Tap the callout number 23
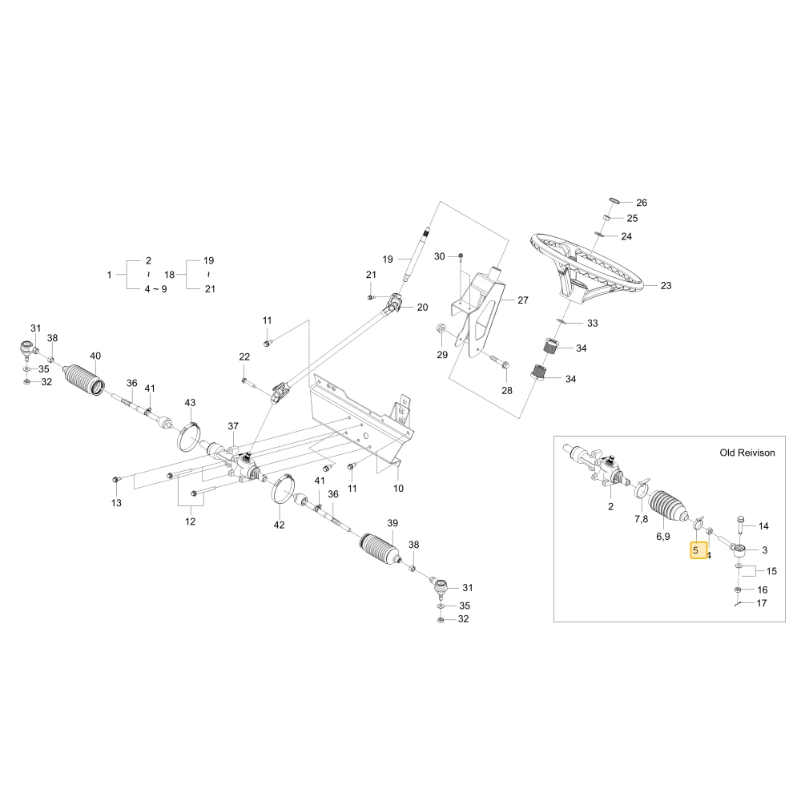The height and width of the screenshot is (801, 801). click(x=666, y=286)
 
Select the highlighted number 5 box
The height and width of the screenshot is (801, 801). click(x=698, y=551)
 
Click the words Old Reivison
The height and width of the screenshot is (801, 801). click(x=747, y=453)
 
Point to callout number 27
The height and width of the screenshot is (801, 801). click(x=523, y=300)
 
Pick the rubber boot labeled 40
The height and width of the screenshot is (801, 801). click(x=85, y=380)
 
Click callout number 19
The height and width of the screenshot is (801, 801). click(x=388, y=260)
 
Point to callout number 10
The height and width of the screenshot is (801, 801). click(x=398, y=489)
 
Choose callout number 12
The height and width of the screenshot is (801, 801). click(x=190, y=521)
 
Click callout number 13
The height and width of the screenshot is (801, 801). click(x=116, y=503)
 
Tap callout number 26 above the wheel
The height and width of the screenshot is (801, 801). click(x=642, y=203)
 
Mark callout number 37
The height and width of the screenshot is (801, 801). click(x=233, y=426)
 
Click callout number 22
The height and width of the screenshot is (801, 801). click(x=244, y=356)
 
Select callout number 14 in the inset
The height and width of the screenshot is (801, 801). click(x=763, y=526)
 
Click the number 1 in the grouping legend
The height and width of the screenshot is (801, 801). click(x=109, y=275)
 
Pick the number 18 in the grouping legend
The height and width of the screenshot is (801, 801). click(x=170, y=275)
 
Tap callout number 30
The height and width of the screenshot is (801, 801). click(x=439, y=256)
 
